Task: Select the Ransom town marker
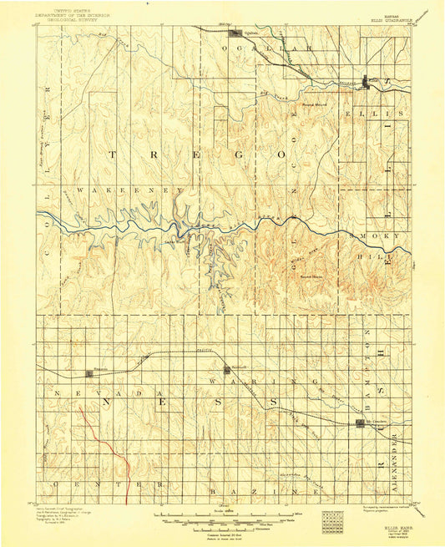89,373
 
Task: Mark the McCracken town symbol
357,425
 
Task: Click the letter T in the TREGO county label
111,154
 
